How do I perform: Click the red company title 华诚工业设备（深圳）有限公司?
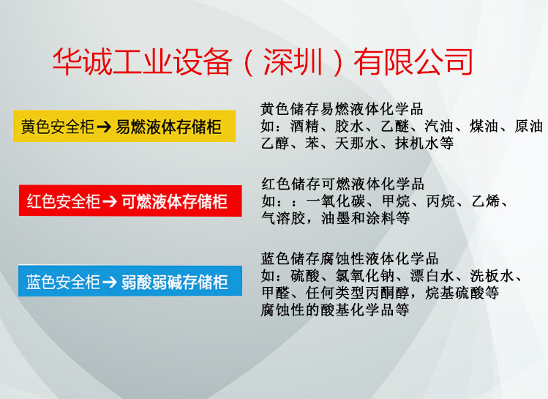tap(263, 62)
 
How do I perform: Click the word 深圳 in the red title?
tap(293, 62)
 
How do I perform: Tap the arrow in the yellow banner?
tap(104, 127)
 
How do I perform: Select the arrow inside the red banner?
tap(110, 201)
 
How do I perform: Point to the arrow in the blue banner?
tap(110, 282)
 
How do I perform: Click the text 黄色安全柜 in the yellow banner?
tap(58, 127)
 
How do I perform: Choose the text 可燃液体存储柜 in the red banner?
tap(174, 201)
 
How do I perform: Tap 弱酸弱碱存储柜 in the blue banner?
tap(174, 282)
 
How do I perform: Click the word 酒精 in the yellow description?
tap(304, 126)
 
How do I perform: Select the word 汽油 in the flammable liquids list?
tap(439, 126)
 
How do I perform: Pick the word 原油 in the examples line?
tap(528, 126)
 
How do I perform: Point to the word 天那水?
tap(357, 143)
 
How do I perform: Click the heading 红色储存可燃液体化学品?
tap(343, 184)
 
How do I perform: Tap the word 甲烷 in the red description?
tap(396, 201)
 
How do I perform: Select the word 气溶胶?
tap(283, 218)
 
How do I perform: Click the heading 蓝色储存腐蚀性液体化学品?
tap(350, 258)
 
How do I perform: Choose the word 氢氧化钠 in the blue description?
tap(365, 276)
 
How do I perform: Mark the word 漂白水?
tap(432, 276)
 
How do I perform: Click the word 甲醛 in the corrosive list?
tap(275, 293)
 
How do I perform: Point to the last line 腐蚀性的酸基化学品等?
tap(335, 310)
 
